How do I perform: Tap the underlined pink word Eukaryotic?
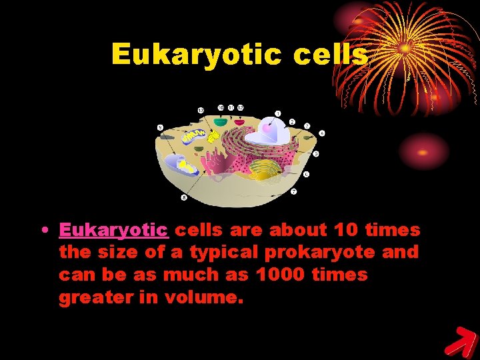coord(113,230)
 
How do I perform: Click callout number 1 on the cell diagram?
coord(277,113)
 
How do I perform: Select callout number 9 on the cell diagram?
coord(160,127)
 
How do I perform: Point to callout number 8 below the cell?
coord(184,197)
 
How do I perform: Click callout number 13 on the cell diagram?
coord(201,109)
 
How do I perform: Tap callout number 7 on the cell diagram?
coord(293,192)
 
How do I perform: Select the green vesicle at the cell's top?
coord(220,123)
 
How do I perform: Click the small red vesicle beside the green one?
coord(239,122)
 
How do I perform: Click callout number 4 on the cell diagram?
coord(322,133)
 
